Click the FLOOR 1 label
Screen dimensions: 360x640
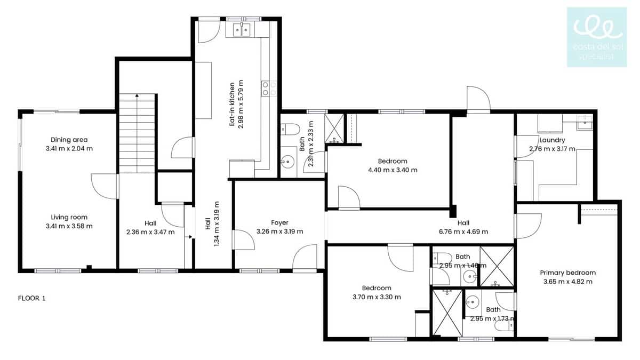32,298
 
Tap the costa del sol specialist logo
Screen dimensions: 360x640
597,37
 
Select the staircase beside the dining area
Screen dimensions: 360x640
138,133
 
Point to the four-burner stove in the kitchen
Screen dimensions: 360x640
269,88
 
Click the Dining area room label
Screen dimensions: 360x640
69,140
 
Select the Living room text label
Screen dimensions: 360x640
69,217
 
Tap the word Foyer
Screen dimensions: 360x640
279,222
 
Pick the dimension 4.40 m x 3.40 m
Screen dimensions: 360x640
393,170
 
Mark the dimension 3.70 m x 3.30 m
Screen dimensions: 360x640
377,297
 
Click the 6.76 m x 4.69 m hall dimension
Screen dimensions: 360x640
463,231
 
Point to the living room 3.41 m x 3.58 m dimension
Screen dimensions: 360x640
69,226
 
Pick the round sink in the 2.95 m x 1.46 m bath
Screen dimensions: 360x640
469,276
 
